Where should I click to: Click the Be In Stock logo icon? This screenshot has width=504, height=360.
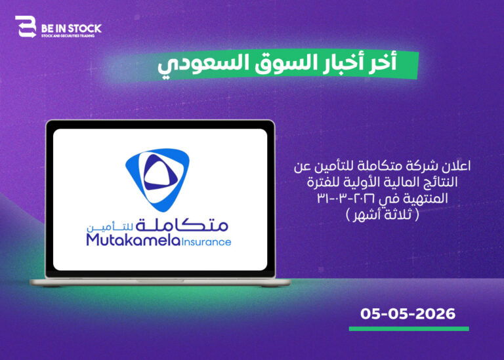pyautogui.click(x=26, y=27)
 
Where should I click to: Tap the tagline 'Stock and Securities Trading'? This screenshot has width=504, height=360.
pyautogui.click(x=68, y=36)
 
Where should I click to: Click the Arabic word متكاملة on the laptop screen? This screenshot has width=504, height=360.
pyautogui.click(x=182, y=224)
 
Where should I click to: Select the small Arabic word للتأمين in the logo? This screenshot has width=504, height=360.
pyautogui.click(x=110, y=227)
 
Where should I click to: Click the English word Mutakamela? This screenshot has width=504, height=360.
pyautogui.click(x=133, y=240)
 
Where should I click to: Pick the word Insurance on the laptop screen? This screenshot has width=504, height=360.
pyautogui.click(x=206, y=242)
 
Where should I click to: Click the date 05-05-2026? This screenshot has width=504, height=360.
pyautogui.click(x=408, y=313)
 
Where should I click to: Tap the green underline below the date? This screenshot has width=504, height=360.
pyautogui.click(x=409, y=329)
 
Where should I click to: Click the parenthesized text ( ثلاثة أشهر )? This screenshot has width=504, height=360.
pyautogui.click(x=383, y=215)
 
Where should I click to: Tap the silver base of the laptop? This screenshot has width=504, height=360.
pyautogui.click(x=160, y=282)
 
